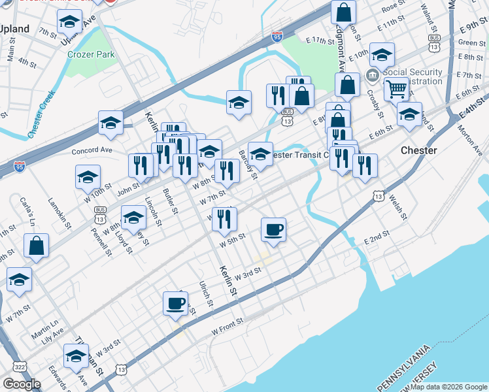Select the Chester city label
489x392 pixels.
[418, 150]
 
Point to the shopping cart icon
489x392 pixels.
[396, 88]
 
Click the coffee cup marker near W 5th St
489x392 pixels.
[273, 229]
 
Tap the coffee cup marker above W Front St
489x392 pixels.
[175, 303]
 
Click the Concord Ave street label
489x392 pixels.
[92, 150]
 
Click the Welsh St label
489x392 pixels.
[397, 206]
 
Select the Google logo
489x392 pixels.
[22, 384]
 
